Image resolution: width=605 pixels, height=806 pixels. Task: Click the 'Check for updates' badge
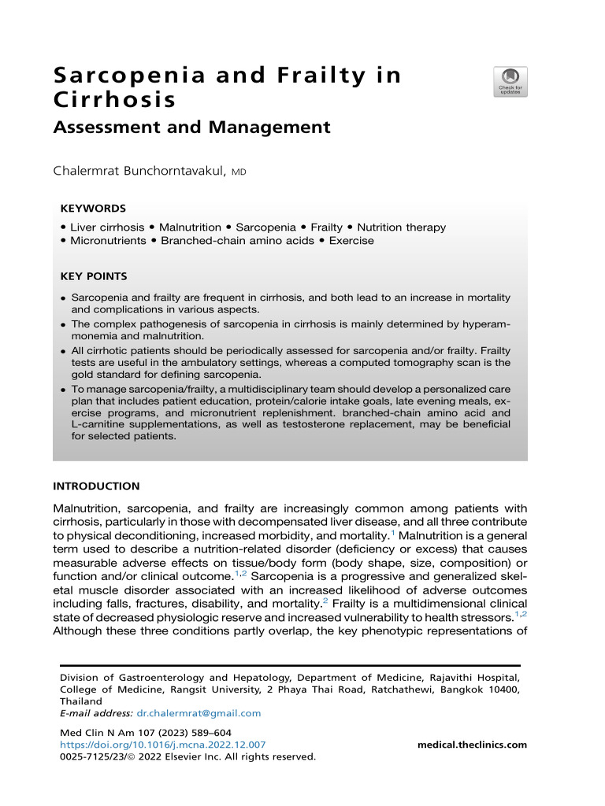coord(510,82)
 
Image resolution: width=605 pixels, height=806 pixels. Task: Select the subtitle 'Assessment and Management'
coord(191,127)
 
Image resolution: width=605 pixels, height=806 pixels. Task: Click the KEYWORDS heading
coord(93,209)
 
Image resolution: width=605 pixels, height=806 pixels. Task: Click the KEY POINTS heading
coord(93,276)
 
